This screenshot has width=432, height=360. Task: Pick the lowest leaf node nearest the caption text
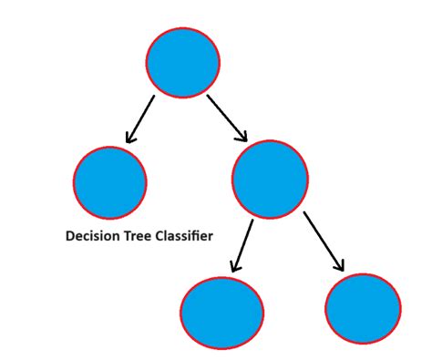(222, 313)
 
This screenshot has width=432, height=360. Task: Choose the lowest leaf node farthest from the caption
(363, 307)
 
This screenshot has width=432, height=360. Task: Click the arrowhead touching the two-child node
(242, 136)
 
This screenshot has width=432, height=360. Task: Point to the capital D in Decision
(70, 235)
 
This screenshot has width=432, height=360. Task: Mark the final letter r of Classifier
(211, 236)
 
